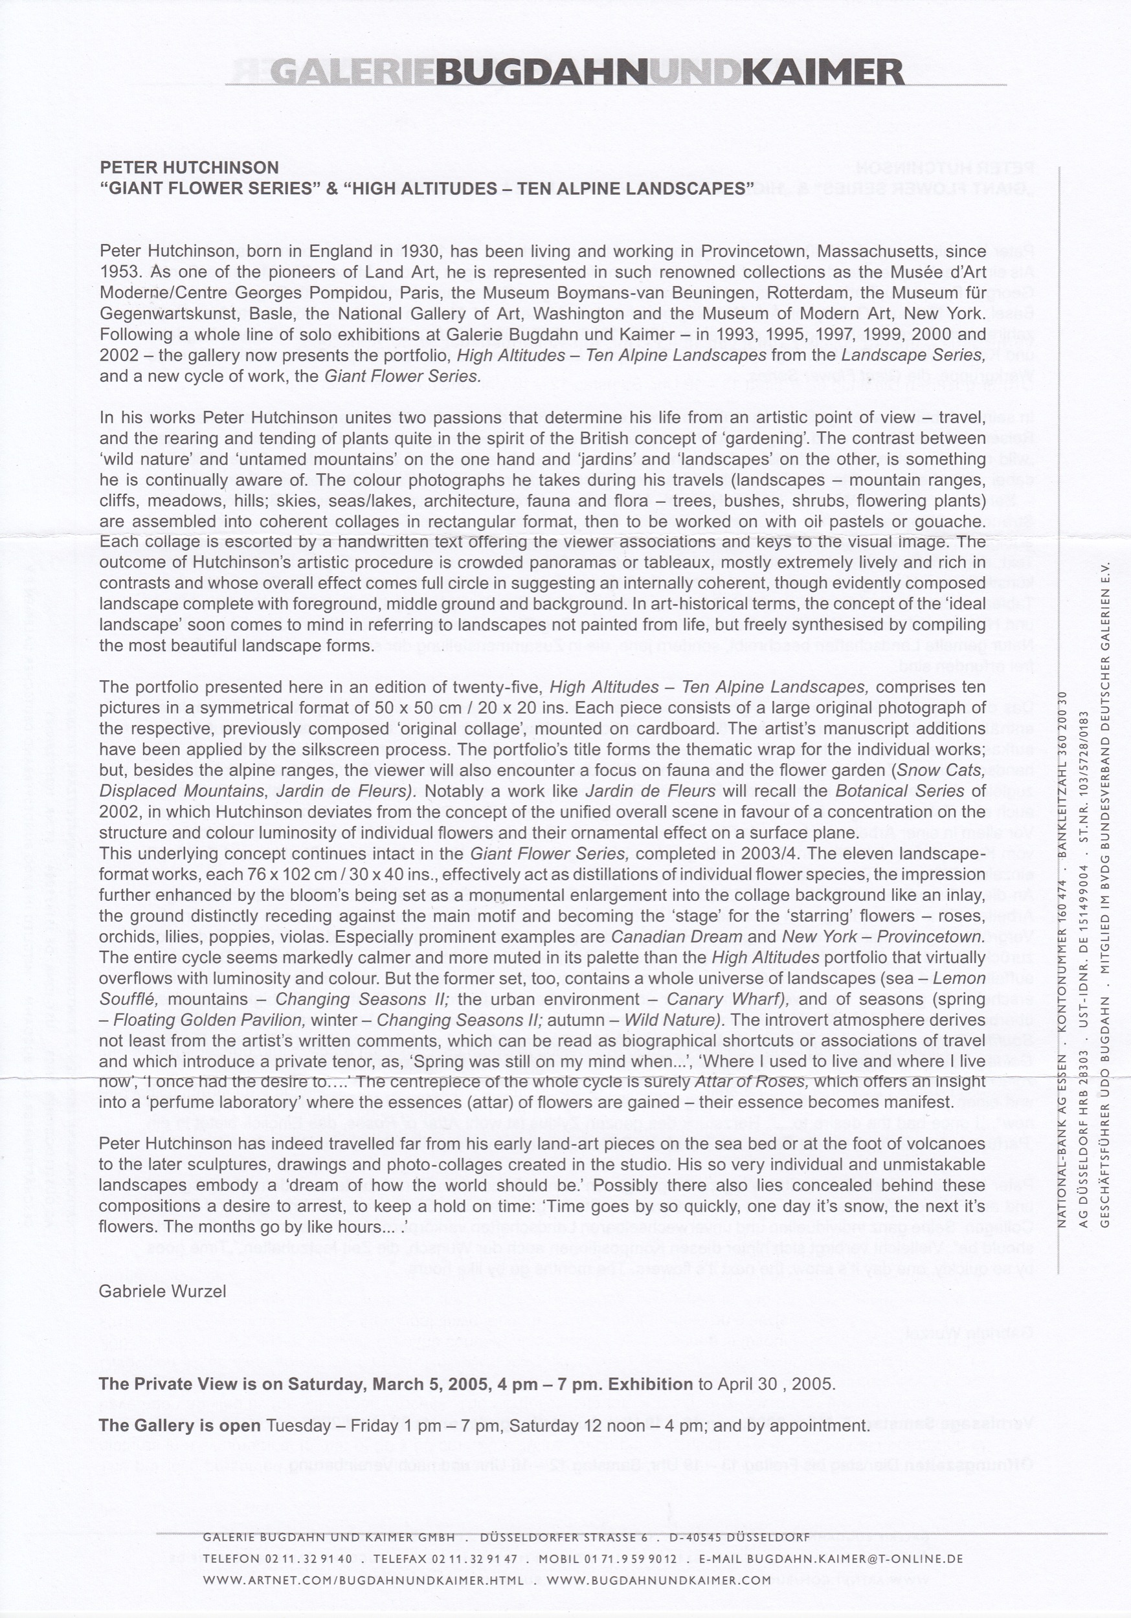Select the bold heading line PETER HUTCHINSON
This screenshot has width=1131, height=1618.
[x=189, y=168]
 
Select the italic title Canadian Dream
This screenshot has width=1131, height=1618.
[x=676, y=937]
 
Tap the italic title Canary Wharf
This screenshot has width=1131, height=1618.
[x=727, y=999]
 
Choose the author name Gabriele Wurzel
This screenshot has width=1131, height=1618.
[x=162, y=1291]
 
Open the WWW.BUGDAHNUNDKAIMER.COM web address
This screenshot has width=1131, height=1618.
[x=658, y=1580]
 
